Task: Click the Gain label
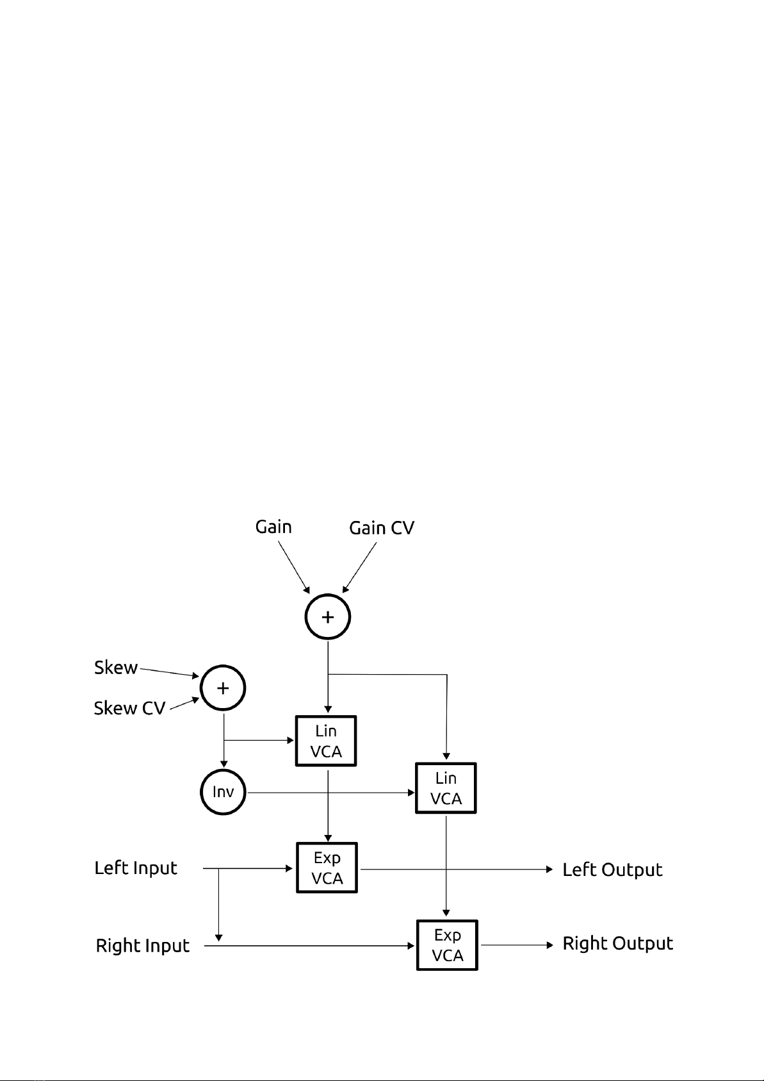273,527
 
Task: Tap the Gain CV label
382,528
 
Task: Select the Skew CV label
129,709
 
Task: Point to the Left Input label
136,868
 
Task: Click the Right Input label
143,945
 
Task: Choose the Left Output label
613,870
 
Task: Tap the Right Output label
618,943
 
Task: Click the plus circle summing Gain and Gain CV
328,616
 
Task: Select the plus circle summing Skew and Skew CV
223,688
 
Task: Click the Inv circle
224,792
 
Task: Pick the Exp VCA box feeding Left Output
327,868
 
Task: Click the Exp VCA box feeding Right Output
447,945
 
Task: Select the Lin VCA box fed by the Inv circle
446,788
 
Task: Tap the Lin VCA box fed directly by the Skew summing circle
326,741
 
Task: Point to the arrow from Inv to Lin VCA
331,793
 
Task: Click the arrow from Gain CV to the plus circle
359,568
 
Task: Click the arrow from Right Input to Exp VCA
310,946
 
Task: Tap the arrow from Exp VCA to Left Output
457,869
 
